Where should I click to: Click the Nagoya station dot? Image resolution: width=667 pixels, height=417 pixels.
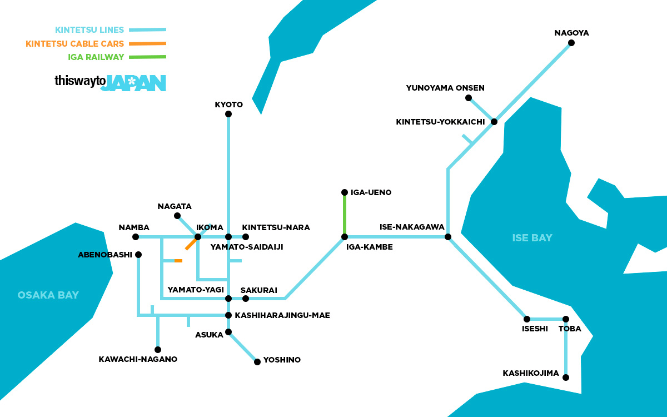tap(571, 43)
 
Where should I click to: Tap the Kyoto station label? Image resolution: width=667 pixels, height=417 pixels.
tap(228, 105)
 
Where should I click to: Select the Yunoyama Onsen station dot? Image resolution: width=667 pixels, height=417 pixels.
tap(469, 98)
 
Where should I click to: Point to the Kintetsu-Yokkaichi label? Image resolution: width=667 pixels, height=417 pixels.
tap(440, 122)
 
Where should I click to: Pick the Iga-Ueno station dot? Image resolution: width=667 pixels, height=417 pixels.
tap(345, 192)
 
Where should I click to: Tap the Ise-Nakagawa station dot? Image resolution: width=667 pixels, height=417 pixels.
tap(448, 237)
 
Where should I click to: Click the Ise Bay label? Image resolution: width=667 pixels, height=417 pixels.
tap(532, 238)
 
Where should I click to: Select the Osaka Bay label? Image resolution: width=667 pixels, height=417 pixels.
tap(48, 295)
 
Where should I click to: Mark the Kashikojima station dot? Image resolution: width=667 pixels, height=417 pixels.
tap(566, 378)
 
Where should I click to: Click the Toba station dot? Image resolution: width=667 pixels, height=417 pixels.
tap(566, 319)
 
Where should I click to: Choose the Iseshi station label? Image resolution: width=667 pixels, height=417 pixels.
tap(535, 329)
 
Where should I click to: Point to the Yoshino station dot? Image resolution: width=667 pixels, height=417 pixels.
tap(257, 362)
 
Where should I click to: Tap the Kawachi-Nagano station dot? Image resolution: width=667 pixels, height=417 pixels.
tap(158, 350)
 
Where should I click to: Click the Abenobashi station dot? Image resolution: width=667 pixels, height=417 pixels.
tap(138, 255)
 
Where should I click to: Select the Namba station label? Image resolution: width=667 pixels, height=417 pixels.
tap(134, 227)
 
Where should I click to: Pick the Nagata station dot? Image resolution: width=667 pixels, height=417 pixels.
tap(177, 216)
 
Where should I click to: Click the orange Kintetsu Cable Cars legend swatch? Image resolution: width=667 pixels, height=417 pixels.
tap(147, 43)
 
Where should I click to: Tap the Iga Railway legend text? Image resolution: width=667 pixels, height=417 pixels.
tap(96, 57)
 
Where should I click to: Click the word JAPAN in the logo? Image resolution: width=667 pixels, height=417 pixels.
tap(133, 83)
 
